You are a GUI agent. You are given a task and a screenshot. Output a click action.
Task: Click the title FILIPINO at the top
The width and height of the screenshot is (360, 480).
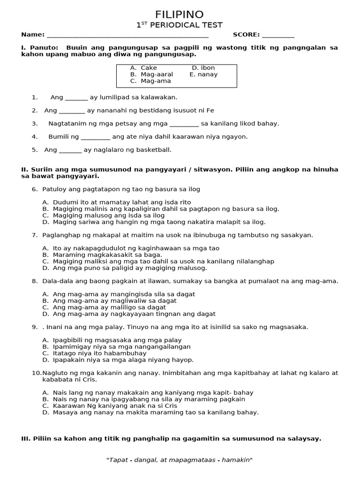click(x=180, y=15)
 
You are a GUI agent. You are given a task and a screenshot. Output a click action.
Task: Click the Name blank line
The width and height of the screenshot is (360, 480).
click(x=127, y=35)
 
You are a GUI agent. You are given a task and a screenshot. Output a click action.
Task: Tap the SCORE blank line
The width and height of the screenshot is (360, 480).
click(x=278, y=35)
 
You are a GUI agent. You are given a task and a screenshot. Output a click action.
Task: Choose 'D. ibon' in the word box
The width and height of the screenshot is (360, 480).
click(x=203, y=68)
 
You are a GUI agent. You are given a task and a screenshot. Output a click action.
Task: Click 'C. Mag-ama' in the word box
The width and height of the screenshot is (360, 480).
click(x=150, y=81)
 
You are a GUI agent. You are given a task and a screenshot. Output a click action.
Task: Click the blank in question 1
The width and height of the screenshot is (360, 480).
click(x=76, y=98)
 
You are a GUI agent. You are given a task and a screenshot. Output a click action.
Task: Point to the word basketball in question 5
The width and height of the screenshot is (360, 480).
click(x=154, y=150)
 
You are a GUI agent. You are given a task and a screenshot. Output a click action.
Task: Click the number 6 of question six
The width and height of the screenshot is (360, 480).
click(x=34, y=189)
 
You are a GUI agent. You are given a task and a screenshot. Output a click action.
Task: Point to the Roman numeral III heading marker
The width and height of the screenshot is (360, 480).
click(x=26, y=439)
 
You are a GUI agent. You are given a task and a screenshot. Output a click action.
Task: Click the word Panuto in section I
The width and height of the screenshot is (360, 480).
click(x=44, y=48)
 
